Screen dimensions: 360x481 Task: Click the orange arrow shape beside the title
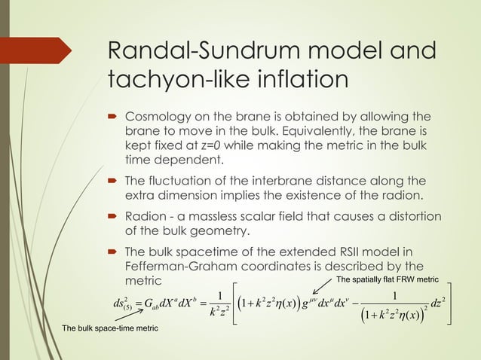[x=36, y=50]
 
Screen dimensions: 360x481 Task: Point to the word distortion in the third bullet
[x=409, y=217]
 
